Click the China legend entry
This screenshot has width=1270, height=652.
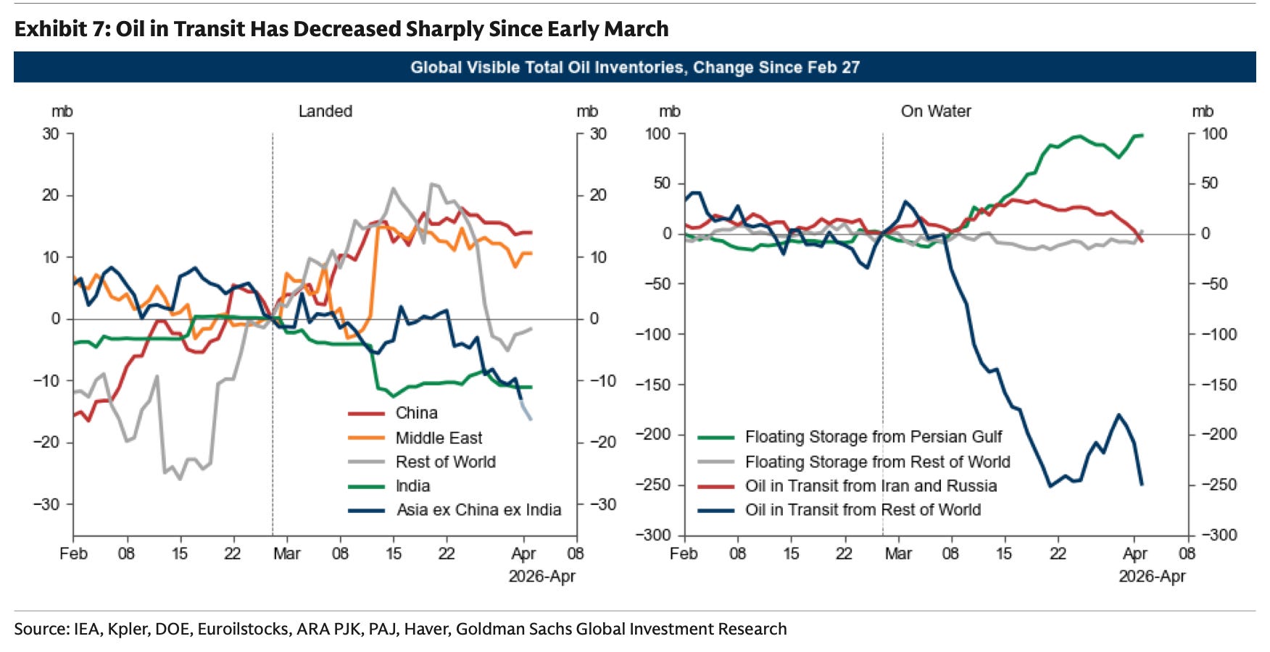click(x=416, y=413)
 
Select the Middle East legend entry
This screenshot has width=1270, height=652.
click(x=438, y=438)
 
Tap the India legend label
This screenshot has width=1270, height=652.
click(x=412, y=486)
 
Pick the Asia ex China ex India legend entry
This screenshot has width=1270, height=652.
click(x=478, y=510)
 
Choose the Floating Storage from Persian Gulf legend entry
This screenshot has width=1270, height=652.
click(x=873, y=437)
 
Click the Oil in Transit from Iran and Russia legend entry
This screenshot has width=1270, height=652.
click(x=871, y=486)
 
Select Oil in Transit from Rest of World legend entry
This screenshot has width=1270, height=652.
click(x=863, y=510)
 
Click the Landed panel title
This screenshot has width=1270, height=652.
click(x=325, y=112)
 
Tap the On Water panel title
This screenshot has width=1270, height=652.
click(x=936, y=112)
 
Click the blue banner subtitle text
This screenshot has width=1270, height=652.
click(x=635, y=67)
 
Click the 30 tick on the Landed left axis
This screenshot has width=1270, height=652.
click(x=51, y=134)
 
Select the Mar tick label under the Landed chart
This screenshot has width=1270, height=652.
click(x=286, y=554)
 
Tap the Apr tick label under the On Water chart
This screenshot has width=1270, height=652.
click(x=1134, y=554)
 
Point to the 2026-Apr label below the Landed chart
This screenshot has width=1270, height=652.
click(x=541, y=577)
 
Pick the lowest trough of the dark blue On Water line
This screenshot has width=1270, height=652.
click(x=1050, y=486)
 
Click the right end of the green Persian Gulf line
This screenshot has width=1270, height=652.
click(x=1142, y=135)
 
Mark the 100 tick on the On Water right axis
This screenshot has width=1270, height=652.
click(x=1214, y=134)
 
